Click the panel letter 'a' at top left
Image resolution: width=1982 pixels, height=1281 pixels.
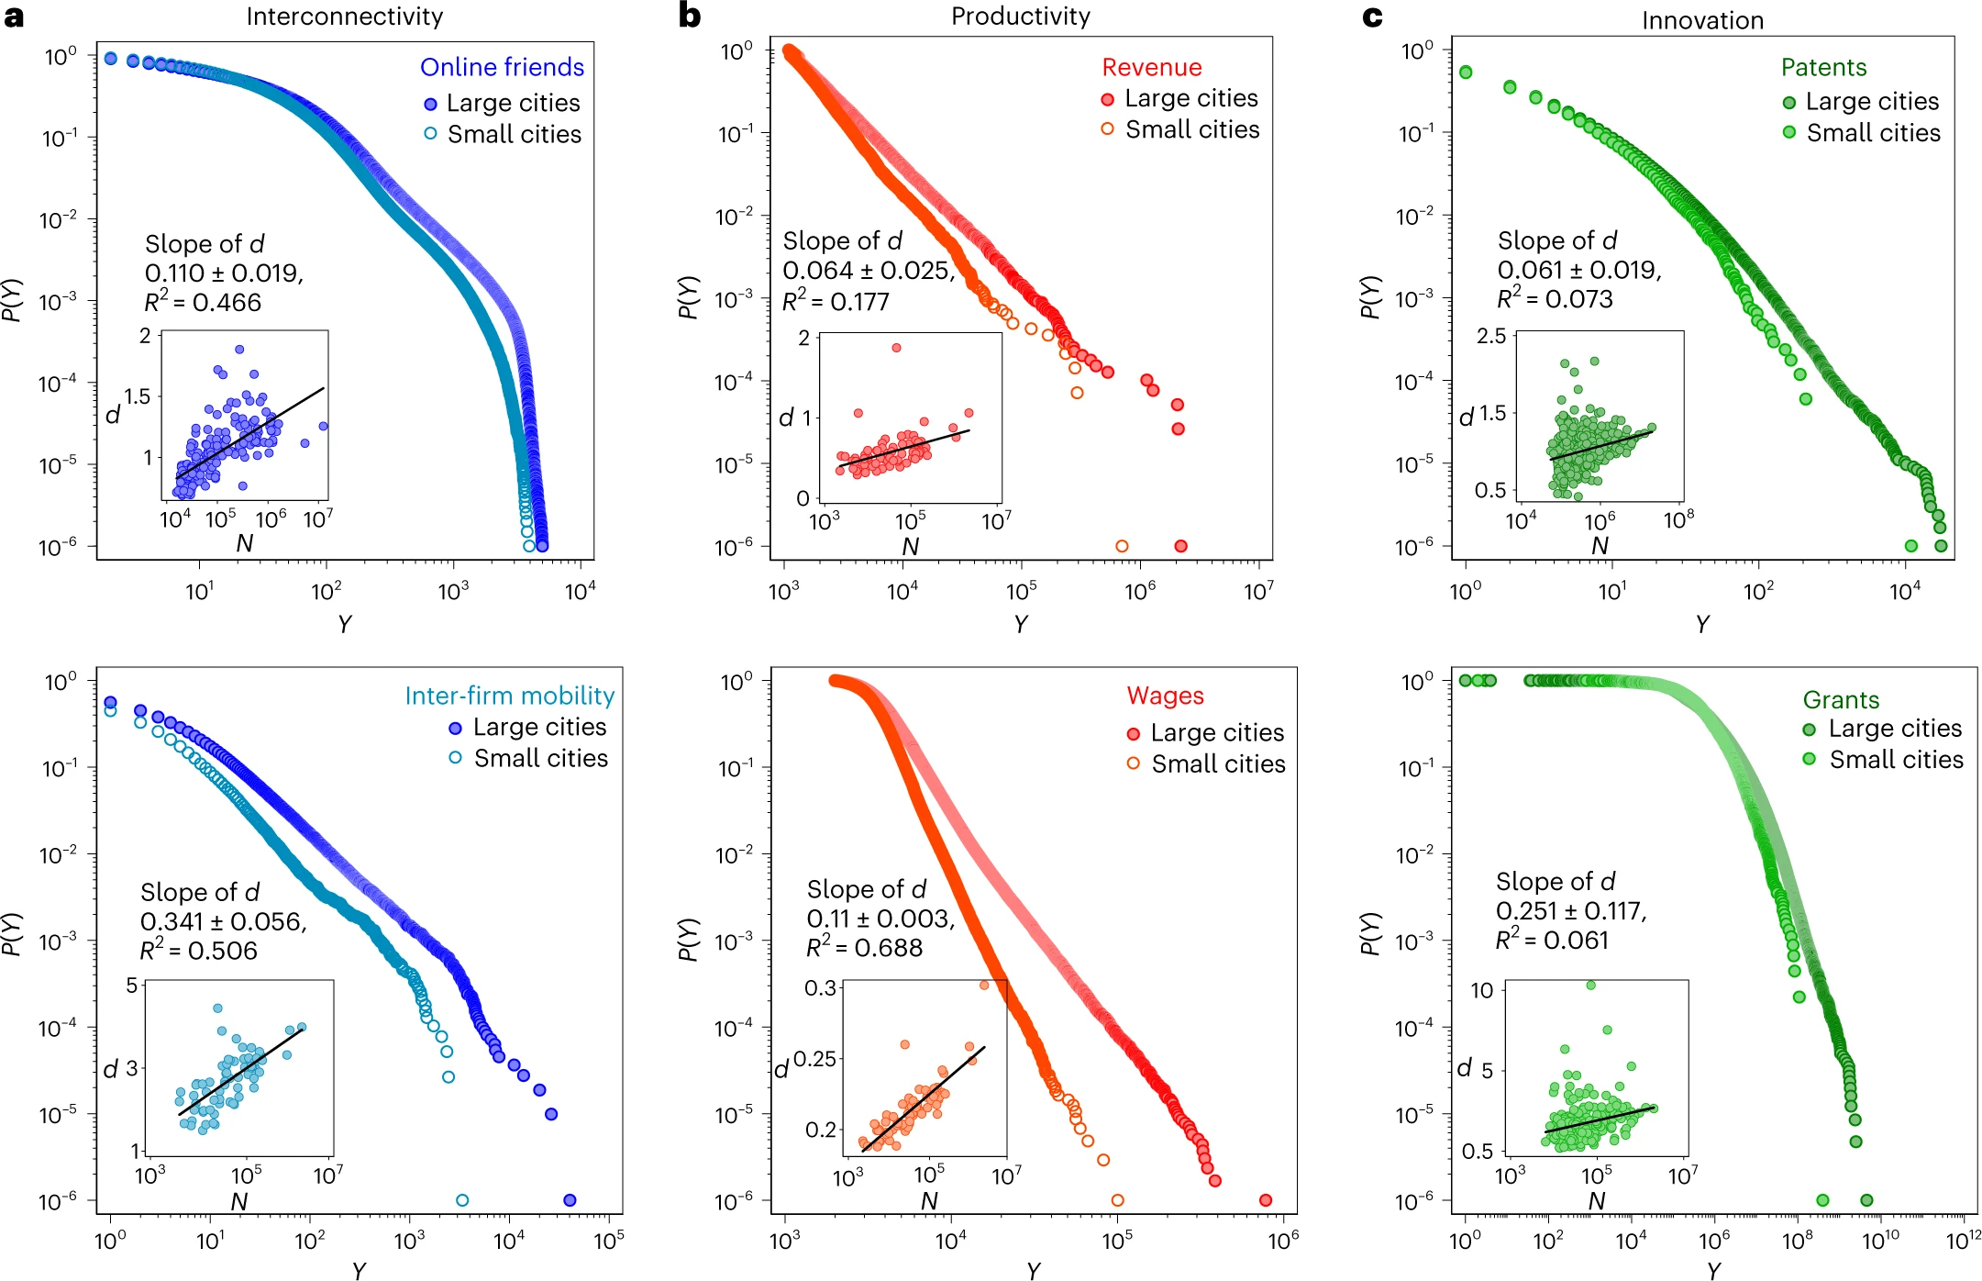[14, 17]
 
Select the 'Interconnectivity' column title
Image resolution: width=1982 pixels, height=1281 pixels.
[344, 17]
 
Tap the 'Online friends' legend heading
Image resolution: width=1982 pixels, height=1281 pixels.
[502, 67]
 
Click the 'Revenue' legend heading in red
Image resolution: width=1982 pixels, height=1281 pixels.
[1151, 67]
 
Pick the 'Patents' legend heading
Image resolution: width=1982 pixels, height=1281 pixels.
[1823, 67]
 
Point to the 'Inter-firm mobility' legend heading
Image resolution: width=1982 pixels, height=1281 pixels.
[509, 696]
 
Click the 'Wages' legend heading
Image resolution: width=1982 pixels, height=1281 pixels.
[1165, 696]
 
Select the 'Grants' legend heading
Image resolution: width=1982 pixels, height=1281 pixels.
[1841, 700]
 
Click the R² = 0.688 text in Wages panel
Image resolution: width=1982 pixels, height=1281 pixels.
[864, 948]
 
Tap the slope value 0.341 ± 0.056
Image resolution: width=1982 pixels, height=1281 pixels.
[223, 921]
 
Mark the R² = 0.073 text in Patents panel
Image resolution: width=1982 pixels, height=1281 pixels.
[1555, 299]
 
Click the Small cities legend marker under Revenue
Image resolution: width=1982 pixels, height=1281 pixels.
[1108, 129]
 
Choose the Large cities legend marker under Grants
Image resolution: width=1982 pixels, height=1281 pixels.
[1809, 730]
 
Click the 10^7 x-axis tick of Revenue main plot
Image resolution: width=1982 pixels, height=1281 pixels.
[1257, 592]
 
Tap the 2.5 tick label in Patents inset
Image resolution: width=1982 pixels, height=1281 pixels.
[1491, 336]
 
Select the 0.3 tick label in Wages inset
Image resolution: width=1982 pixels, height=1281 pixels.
[820, 988]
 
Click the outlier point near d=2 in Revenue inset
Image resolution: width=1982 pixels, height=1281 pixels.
[896, 348]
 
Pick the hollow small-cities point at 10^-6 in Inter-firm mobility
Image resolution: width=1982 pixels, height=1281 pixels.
[462, 1200]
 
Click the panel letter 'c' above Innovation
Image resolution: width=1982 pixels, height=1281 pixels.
[1372, 17]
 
